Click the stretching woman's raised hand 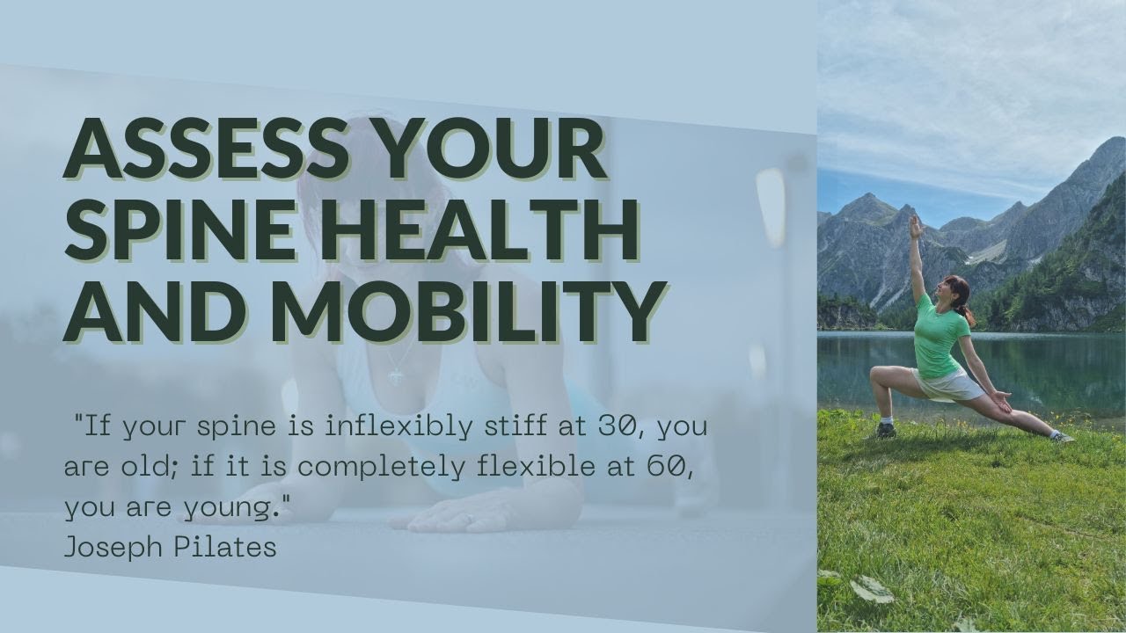tap(916, 226)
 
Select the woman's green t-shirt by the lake tap(939, 335)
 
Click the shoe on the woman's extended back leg tap(1063, 437)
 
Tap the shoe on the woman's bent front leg tap(886, 431)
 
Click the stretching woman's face tap(950, 290)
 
